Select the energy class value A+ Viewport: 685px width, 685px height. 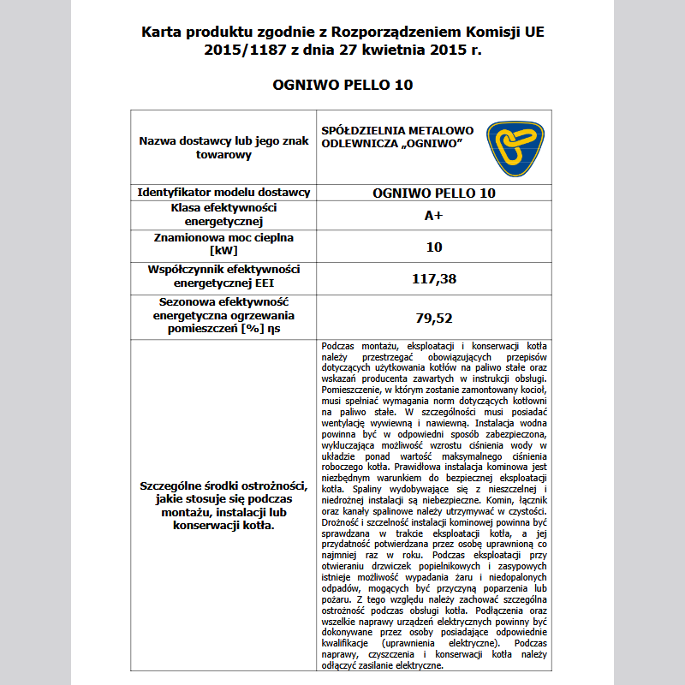point(433,216)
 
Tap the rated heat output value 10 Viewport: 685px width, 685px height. point(433,247)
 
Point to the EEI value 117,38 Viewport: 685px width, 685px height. point(433,278)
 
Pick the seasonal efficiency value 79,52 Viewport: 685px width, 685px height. point(433,318)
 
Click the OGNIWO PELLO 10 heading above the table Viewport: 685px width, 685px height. point(342,85)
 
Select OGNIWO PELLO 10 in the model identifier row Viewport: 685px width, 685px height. point(433,193)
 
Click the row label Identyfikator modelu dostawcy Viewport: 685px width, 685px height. point(223,193)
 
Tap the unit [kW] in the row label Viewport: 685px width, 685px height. point(223,252)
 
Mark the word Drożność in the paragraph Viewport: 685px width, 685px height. point(339,521)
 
